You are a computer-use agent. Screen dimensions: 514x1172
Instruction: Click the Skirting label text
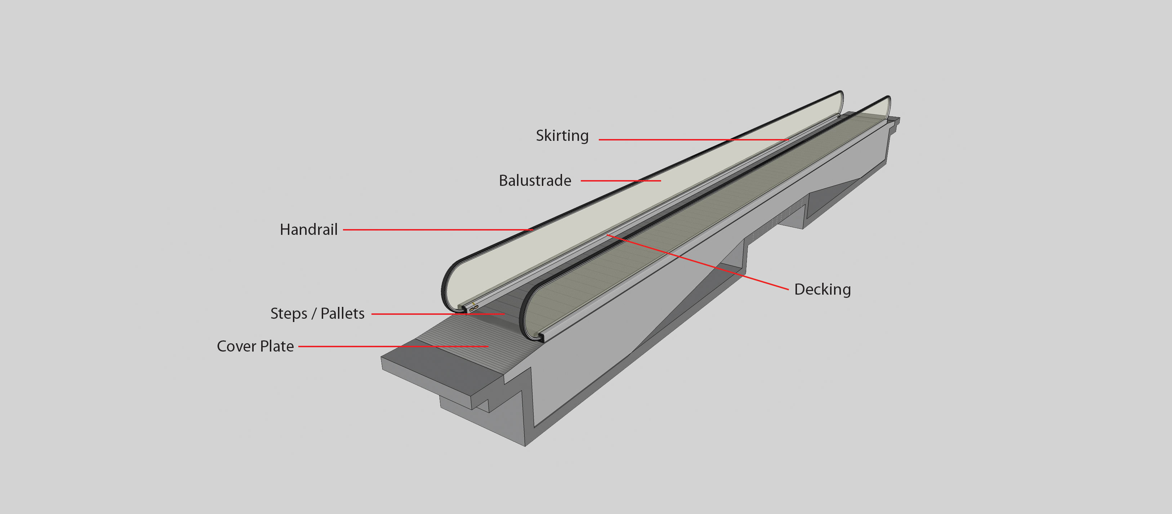(562, 135)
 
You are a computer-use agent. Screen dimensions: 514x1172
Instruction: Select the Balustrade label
(535, 180)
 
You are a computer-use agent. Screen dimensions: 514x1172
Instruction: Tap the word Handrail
(308, 230)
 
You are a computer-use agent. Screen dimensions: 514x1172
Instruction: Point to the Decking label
(822, 289)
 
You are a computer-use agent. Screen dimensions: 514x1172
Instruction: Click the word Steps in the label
(289, 313)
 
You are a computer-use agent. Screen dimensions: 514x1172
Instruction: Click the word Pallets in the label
(342, 313)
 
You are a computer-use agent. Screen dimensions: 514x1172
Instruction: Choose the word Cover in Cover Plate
(236, 346)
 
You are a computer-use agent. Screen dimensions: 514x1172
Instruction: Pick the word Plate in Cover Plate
(277, 346)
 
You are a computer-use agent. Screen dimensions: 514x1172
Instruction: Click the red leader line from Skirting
(691, 140)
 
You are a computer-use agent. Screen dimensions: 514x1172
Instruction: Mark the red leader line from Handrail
(437, 230)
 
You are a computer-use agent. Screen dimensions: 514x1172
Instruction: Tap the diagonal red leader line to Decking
(696, 262)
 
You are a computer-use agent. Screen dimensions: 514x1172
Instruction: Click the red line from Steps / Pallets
(437, 314)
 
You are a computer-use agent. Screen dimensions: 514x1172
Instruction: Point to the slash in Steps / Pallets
(313, 313)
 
